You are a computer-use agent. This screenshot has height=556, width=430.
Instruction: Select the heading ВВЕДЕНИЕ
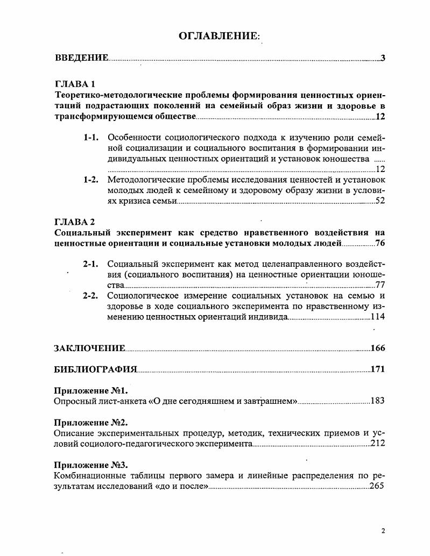[81, 58]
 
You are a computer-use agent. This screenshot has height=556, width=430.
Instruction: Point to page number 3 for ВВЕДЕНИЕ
[383, 58]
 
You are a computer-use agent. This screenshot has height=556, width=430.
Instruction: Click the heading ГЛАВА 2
[75, 222]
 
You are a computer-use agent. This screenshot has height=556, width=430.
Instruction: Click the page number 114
[378, 317]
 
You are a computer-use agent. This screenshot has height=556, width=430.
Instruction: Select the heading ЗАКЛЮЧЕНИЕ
[90, 348]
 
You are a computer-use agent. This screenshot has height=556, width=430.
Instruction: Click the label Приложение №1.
[91, 390]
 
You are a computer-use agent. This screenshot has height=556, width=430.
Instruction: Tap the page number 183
[378, 401]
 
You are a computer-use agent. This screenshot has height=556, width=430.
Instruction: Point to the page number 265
[377, 486]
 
